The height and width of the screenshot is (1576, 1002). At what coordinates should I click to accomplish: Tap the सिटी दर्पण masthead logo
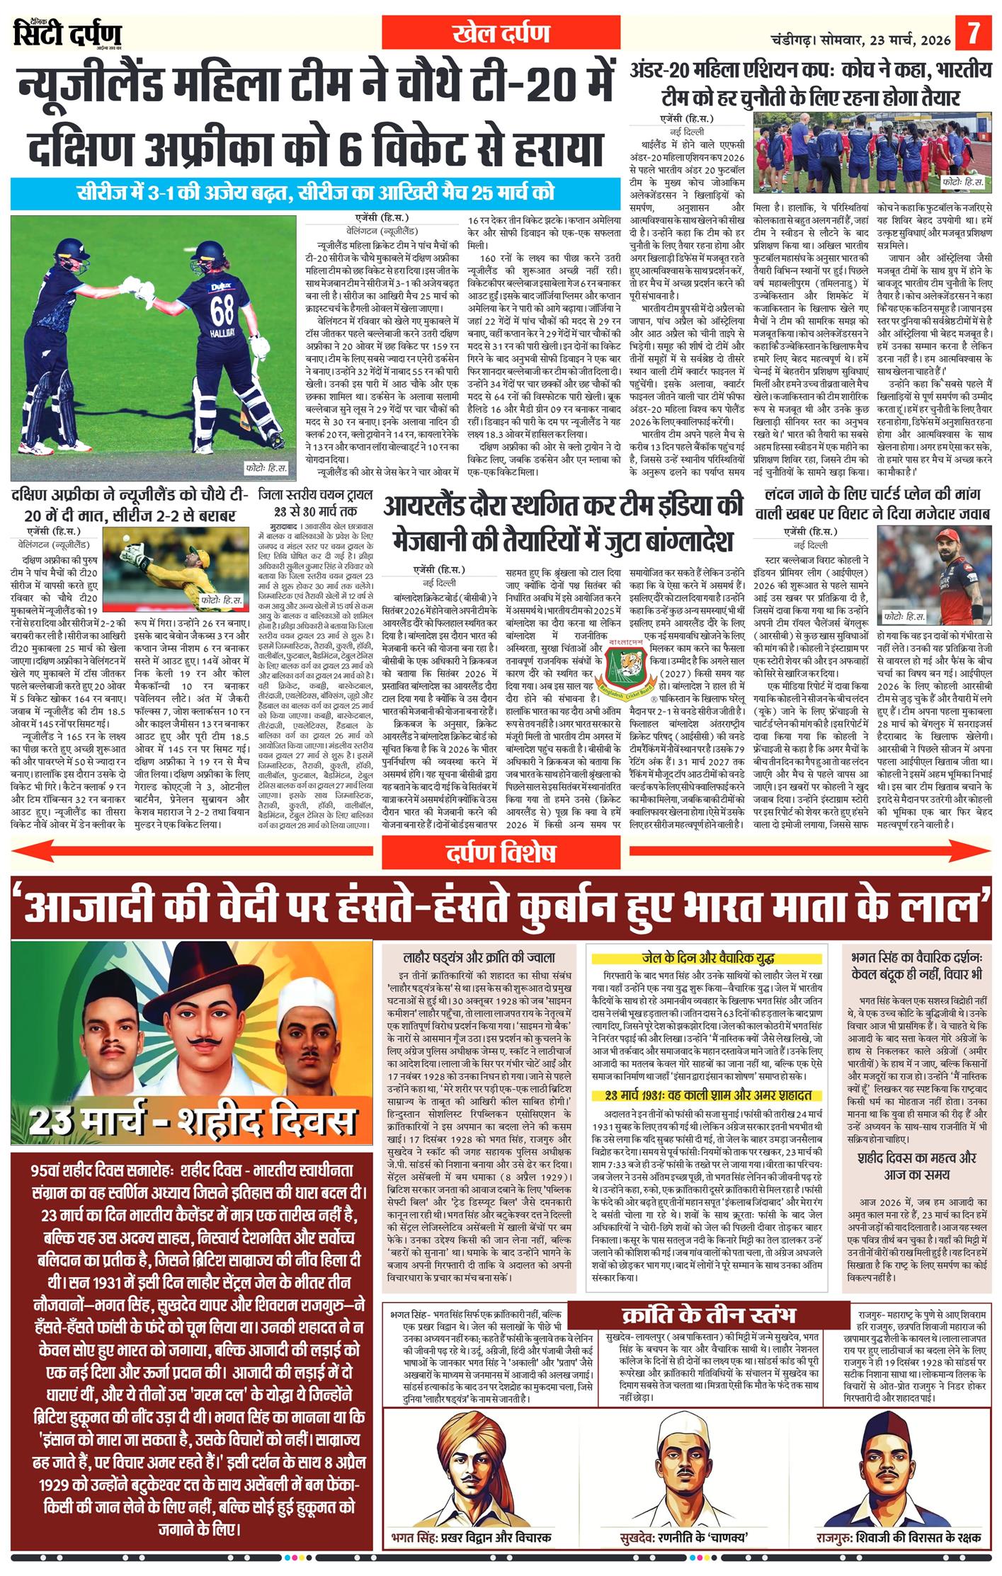(x=68, y=33)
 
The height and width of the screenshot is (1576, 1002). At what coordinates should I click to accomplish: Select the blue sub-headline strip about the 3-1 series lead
(x=316, y=193)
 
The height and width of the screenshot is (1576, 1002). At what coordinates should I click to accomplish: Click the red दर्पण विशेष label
(x=500, y=855)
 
